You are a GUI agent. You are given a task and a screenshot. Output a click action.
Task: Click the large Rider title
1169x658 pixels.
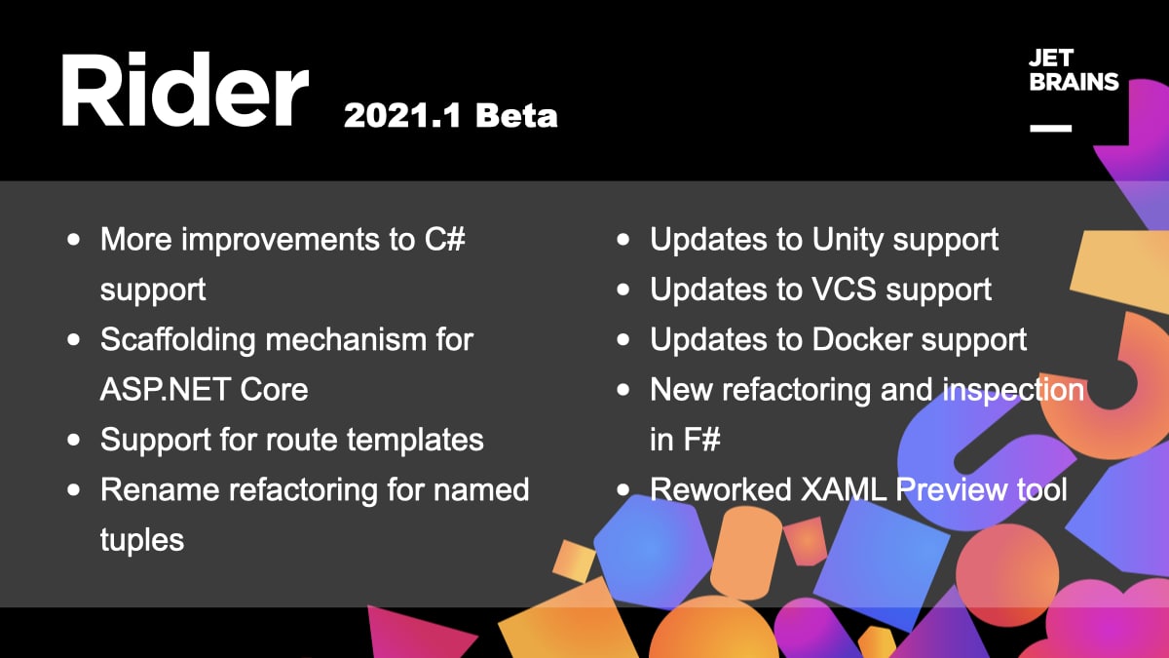click(185, 89)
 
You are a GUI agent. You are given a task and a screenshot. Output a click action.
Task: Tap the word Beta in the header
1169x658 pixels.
click(516, 115)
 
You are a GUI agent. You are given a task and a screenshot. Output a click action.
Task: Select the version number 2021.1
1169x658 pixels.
click(402, 115)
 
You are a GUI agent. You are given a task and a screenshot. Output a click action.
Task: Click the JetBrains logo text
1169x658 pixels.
click(1074, 70)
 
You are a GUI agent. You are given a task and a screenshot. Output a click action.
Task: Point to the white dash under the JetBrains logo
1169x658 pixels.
click(1050, 128)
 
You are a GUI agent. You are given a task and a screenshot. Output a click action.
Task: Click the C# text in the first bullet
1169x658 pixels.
click(444, 239)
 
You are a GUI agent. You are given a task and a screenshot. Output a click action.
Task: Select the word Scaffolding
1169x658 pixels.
click(177, 340)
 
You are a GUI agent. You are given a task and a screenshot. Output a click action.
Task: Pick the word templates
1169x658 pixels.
click(415, 440)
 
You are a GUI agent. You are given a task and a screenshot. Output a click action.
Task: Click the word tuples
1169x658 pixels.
click(142, 540)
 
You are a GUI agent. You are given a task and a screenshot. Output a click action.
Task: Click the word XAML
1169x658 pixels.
click(844, 489)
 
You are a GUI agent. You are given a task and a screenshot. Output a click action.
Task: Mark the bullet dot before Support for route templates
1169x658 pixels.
click(74, 440)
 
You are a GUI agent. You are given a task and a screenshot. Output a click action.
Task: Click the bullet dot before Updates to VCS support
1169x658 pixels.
click(623, 290)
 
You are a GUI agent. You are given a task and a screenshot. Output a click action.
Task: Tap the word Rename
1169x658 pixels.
click(160, 489)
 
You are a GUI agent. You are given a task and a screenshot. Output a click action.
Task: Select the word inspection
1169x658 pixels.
click(1013, 391)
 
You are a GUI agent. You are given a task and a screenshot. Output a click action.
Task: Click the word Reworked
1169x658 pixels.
click(721, 489)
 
